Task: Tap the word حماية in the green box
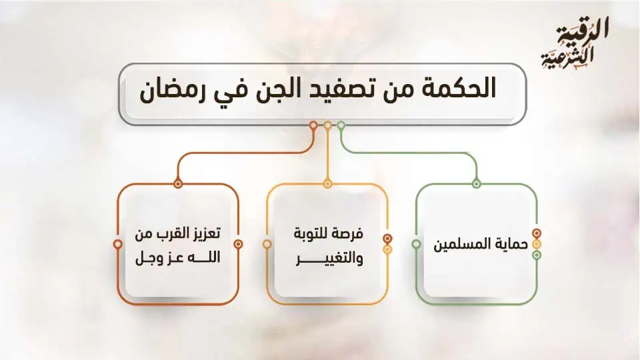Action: coord(512,244)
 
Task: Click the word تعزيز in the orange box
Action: coord(203,234)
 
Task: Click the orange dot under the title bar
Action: coord(313,125)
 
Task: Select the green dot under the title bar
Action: coord(341,125)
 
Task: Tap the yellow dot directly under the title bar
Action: coord(327,125)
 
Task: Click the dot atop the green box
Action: coord(476,183)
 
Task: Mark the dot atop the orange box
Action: coord(177,183)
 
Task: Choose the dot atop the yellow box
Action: coord(327,183)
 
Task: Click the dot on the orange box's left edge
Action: coord(118,244)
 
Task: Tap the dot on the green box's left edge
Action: coord(416,244)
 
